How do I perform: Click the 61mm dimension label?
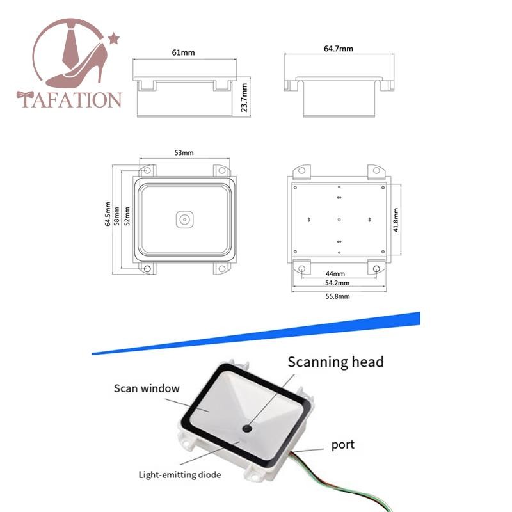pos(184,52)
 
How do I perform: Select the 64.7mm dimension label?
pos(339,48)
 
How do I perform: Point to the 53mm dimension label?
pos(184,152)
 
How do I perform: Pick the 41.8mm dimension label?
pos(397,220)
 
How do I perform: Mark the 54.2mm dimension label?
pos(337,282)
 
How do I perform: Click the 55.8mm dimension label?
pos(337,296)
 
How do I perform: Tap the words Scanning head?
pos(335,362)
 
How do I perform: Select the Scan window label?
pos(147,388)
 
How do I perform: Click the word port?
pos(342,444)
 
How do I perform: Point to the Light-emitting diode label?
pos(180,474)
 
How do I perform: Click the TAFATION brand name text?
pos(70,100)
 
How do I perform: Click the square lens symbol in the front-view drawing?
pos(184,220)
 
